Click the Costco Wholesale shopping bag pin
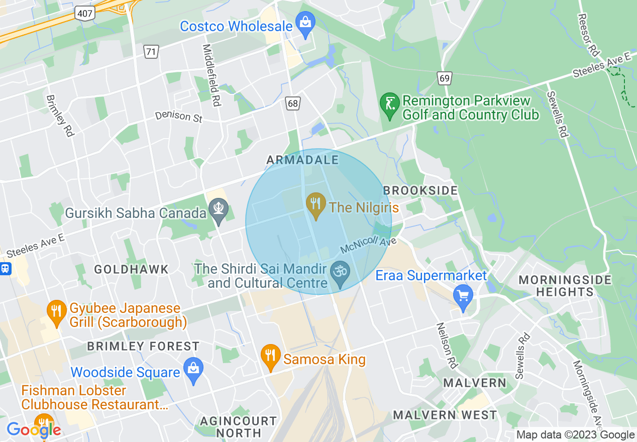click(304, 23)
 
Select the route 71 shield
click(150, 51)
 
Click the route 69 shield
click(444, 78)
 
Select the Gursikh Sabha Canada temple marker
click(219, 210)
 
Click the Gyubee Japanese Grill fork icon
click(56, 311)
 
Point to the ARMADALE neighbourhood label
click(302, 160)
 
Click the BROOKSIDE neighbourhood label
click(420, 191)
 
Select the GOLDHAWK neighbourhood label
click(132, 270)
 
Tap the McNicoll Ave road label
click(368, 246)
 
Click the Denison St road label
click(179, 116)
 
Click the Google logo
click(34, 429)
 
